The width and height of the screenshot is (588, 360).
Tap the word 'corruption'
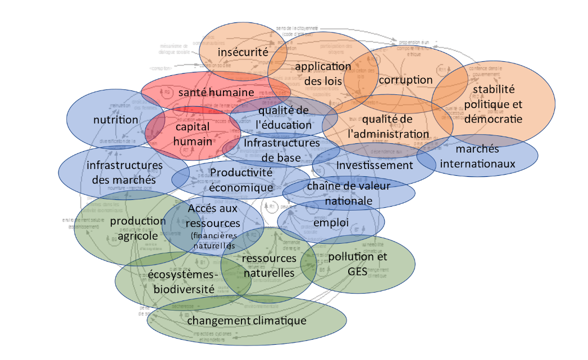[405, 80]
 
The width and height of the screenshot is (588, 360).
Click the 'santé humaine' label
[216, 92]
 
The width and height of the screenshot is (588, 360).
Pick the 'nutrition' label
[116, 120]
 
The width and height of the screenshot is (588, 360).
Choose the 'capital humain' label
[193, 134]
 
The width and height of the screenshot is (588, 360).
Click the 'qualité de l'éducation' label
[284, 117]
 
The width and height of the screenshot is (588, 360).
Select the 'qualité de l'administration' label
[388, 126]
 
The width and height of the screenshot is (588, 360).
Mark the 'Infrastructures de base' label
[281, 150]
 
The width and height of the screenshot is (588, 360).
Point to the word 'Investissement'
[374, 165]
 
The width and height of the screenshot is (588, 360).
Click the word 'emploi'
[331, 223]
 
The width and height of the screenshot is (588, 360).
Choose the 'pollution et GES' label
[358, 264]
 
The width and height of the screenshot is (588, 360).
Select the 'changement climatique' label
[247, 321]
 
